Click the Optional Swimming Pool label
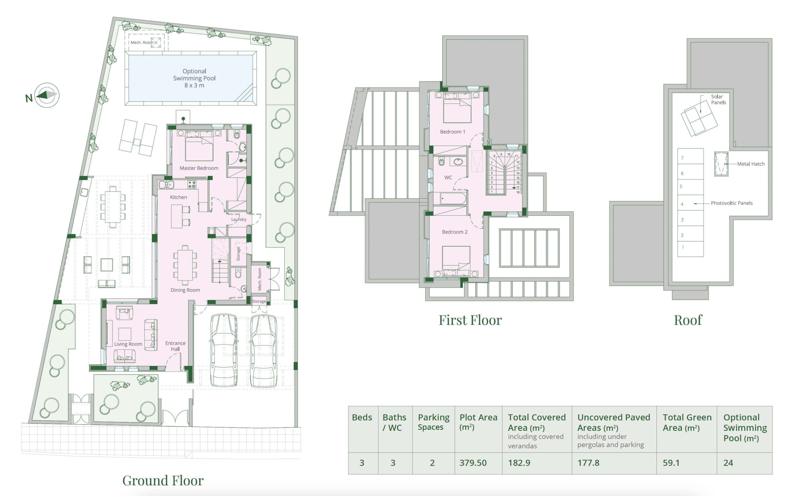194,78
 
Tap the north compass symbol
47,95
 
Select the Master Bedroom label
199,168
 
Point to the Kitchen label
179,197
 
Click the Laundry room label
239,219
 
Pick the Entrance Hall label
175,346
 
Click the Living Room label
128,344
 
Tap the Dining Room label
185,290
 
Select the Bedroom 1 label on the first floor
452,132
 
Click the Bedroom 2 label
455,232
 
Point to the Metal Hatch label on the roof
751,164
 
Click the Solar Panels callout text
718,99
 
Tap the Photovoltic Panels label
732,203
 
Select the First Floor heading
470,320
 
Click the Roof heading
688,320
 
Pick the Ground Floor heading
163,481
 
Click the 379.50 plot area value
473,463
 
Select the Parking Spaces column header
434,422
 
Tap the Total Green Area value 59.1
671,463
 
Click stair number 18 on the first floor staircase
518,192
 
